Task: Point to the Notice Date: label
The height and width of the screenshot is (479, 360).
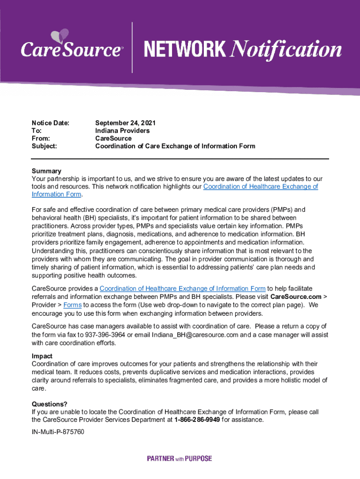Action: tap(50, 123)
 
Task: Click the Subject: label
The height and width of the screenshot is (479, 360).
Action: tap(44, 146)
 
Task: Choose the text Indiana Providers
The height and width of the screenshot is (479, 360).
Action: tap(122, 131)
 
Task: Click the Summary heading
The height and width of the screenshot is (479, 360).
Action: tap(46, 171)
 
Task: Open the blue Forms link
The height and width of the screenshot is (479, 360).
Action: tap(72, 305)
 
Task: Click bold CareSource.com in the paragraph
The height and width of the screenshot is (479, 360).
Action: tap(296, 297)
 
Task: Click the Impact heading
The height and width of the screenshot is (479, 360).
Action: tap(42, 356)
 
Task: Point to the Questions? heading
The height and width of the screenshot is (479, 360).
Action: tap(49, 404)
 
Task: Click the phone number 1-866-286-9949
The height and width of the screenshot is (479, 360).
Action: tap(197, 420)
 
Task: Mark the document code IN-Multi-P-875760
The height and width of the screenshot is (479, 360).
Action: tap(58, 432)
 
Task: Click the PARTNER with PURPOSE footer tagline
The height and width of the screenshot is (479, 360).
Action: tap(180, 459)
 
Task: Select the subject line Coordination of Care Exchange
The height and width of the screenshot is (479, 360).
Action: tap(175, 146)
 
